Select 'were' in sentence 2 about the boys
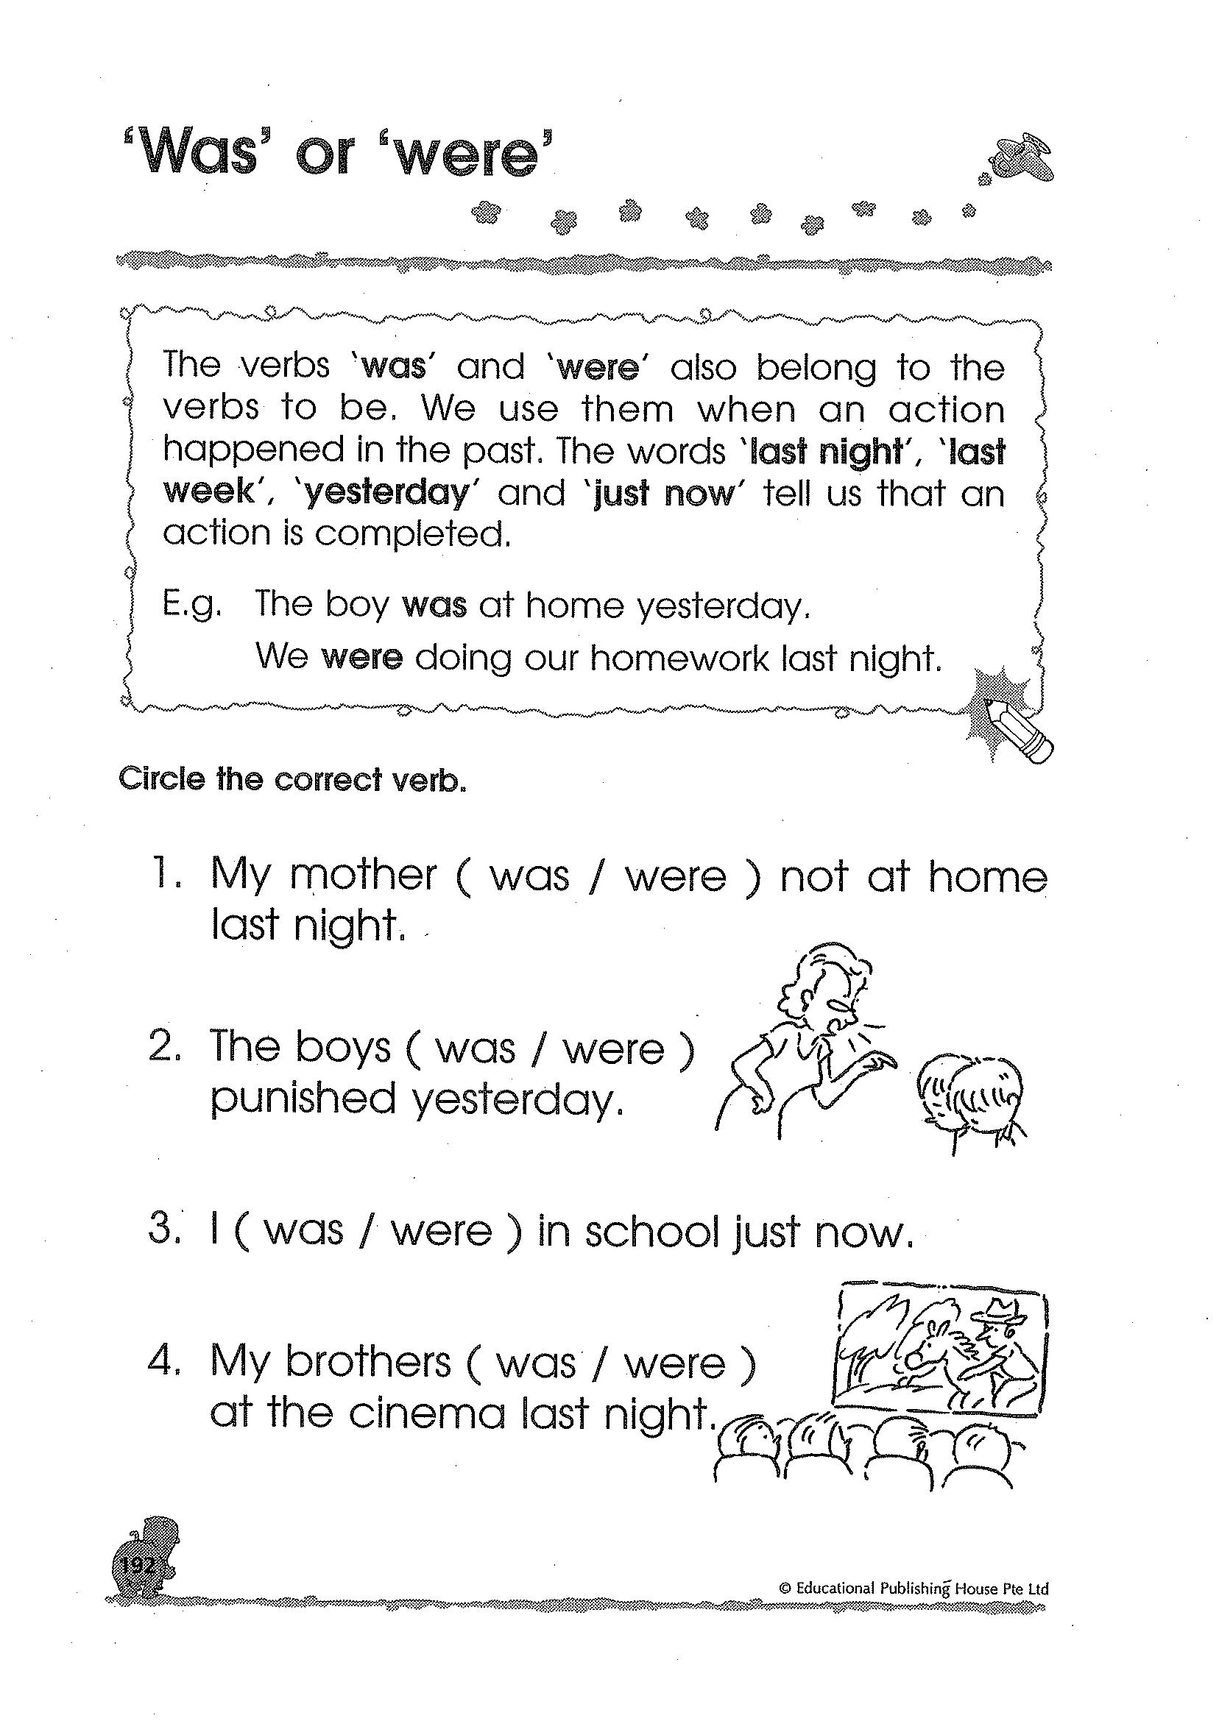coord(614,1050)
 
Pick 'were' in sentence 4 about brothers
coord(675,1365)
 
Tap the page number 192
coord(137,1566)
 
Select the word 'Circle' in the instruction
coord(161,779)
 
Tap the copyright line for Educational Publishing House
coord(914,1589)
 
